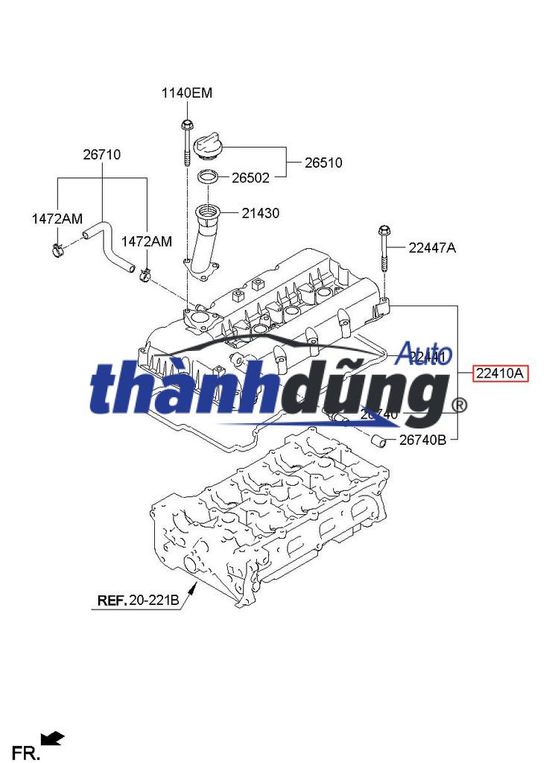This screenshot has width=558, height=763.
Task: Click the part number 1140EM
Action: coord(187,93)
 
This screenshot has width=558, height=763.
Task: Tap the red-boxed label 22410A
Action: coord(500,374)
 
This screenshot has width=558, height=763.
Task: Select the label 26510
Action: coord(323,162)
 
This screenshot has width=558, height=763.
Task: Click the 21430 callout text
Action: coord(260,213)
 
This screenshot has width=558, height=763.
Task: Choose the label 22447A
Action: coord(432,248)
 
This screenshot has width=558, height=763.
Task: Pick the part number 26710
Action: coord(101,155)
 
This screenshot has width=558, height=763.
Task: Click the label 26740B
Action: coord(422,440)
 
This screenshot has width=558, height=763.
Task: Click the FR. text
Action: coord(25,753)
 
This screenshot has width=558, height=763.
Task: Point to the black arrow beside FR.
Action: coord(52,739)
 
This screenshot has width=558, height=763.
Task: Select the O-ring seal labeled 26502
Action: coord(207,178)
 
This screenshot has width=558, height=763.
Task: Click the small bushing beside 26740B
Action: coord(380,441)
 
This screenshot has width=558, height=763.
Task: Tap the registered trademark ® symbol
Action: coord(460,405)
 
